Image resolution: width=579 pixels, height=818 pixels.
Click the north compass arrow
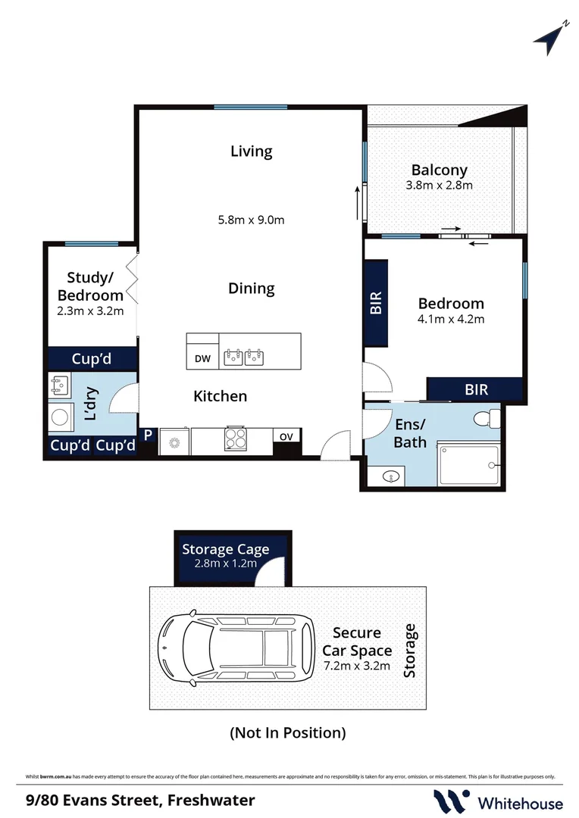550,39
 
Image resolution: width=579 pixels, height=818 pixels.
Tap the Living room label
251,151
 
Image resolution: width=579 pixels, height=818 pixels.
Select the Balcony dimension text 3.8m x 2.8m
440,186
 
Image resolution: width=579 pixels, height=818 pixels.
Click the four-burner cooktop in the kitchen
236,439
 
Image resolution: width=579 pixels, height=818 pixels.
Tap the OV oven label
286,436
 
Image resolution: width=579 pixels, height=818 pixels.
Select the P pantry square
149,435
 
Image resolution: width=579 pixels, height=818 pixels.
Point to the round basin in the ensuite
390,476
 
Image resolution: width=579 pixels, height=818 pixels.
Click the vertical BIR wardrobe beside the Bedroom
377,304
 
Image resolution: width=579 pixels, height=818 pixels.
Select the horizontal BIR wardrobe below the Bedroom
476,389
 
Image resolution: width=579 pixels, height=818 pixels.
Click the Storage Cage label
224,550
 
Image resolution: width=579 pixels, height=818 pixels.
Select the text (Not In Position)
287,732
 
